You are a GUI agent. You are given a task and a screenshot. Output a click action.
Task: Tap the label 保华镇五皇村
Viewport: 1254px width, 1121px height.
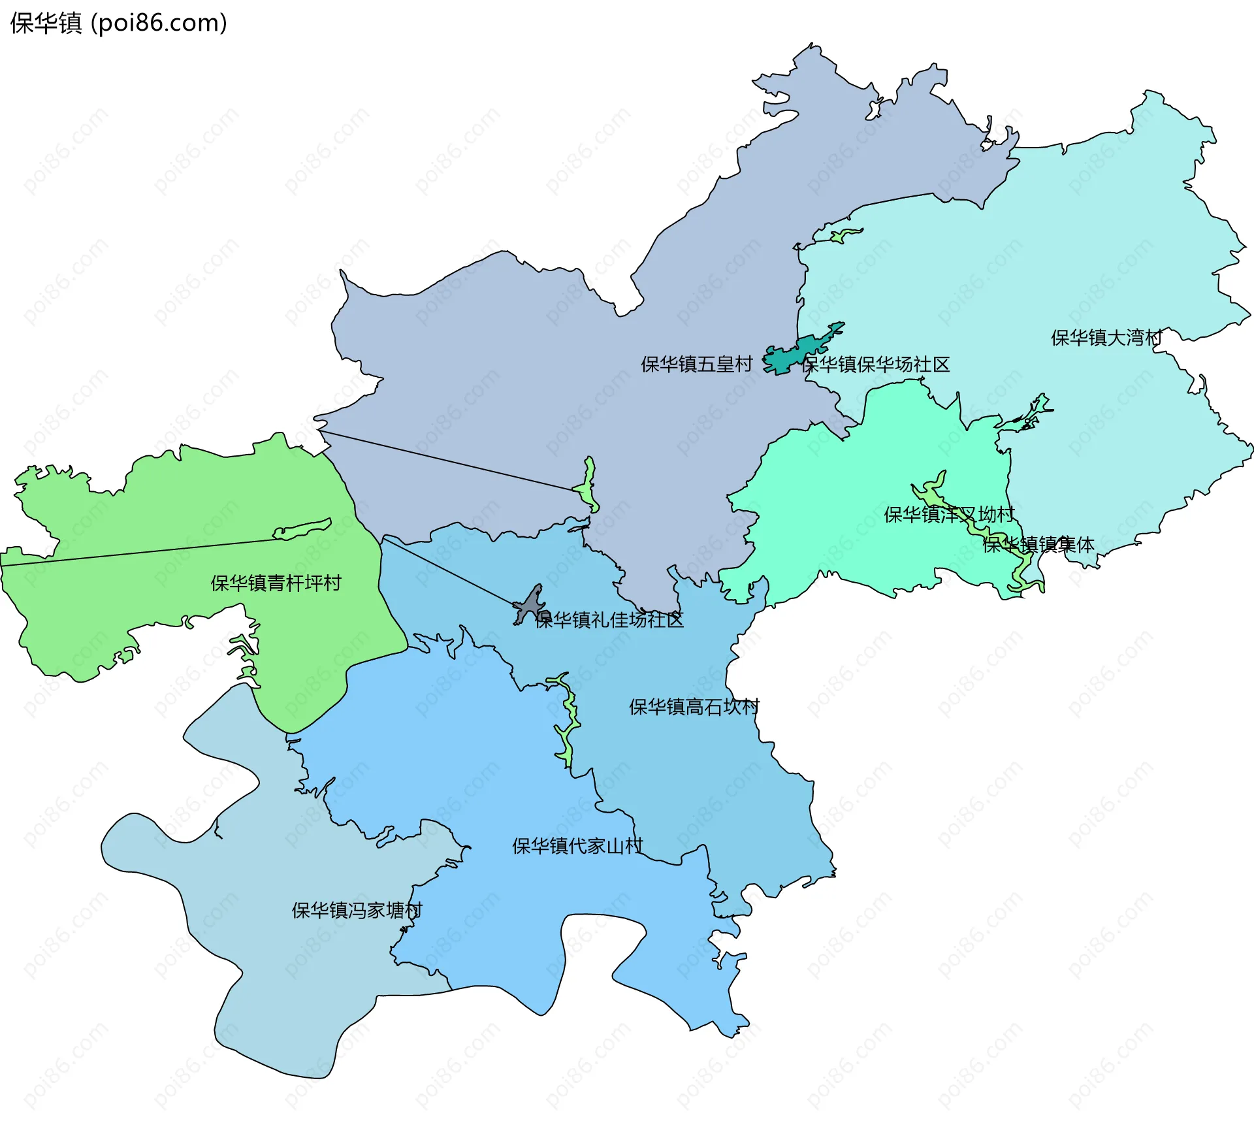[696, 364]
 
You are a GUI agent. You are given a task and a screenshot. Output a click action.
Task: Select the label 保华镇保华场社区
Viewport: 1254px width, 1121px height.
[875, 365]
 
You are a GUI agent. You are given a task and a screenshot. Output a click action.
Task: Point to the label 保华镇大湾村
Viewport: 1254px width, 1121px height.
[1106, 338]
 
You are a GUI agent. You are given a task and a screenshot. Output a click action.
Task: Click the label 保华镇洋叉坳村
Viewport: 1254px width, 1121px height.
[948, 515]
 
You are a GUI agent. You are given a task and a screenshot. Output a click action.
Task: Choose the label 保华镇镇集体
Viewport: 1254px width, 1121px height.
[1038, 545]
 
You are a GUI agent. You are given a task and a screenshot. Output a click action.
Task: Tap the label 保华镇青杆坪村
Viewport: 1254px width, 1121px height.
[276, 583]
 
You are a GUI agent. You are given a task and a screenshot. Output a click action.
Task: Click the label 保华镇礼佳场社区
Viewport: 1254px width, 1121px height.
[609, 620]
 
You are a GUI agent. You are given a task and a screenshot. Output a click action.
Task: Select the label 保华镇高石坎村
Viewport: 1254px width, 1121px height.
[694, 707]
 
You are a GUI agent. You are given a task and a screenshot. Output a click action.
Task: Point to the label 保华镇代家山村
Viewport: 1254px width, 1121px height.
[577, 846]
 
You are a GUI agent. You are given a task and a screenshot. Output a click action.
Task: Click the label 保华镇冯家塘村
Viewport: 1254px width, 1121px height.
[357, 910]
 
